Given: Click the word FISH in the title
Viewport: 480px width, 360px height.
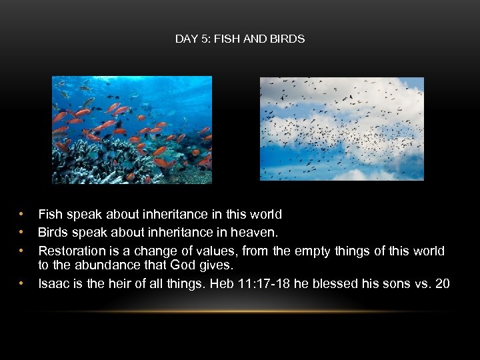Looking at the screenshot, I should coord(225,39).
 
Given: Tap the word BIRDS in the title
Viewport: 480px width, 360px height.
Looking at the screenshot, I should coord(289,39).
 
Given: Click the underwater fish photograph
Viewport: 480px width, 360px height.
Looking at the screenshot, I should coord(132,129).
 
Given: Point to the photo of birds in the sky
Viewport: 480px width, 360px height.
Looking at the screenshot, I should coord(341,129).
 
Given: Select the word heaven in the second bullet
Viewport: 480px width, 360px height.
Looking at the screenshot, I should coord(256,233).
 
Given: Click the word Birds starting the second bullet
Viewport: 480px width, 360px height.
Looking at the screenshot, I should coord(51,233).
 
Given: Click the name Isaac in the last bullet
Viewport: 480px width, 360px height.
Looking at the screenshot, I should coord(54,284).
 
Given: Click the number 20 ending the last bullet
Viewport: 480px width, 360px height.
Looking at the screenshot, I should coord(442,284).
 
